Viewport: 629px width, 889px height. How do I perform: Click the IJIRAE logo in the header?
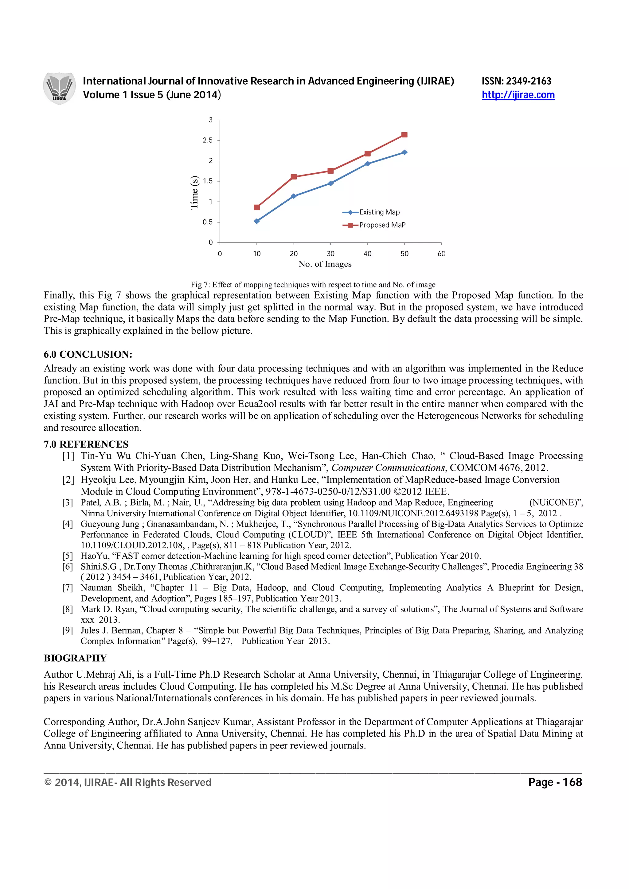[x=59, y=88]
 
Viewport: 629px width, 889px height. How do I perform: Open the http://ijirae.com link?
[x=518, y=95]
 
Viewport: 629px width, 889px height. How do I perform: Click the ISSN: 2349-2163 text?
[x=516, y=81]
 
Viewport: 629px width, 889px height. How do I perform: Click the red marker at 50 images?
[x=404, y=135]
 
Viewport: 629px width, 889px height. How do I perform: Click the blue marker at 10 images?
[x=256, y=221]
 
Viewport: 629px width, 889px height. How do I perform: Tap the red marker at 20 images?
[x=294, y=177]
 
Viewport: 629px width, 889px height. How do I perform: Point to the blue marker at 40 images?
[x=367, y=164]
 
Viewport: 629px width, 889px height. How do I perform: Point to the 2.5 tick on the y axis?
[x=208, y=140]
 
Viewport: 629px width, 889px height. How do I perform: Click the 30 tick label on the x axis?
[x=330, y=254]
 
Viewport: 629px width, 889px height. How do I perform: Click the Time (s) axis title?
[x=194, y=192]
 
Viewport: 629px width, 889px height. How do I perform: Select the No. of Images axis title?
[x=325, y=264]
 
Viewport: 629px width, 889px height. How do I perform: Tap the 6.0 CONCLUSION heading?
[x=88, y=354]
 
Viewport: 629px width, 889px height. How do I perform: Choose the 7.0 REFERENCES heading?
[x=86, y=444]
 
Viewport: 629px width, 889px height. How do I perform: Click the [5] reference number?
[x=68, y=556]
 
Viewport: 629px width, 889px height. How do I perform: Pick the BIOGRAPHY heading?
[x=75, y=658]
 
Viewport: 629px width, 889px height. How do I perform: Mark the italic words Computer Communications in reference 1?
[x=388, y=468]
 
